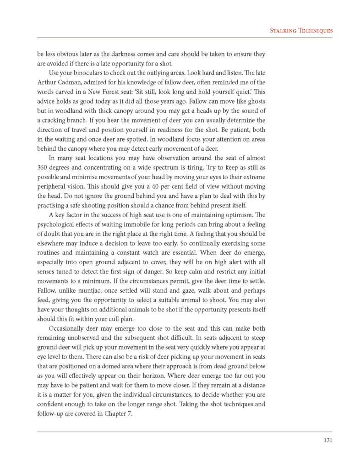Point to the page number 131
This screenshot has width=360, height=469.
(x=327, y=441)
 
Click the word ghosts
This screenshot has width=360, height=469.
(x=254, y=101)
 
